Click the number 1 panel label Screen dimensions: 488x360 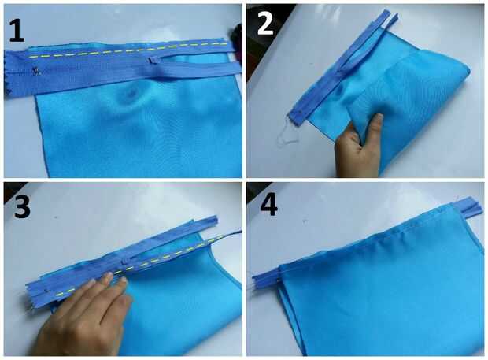click(17, 30)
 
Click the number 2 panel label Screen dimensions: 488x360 click(265, 24)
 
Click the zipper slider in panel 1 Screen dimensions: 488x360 click(155, 60)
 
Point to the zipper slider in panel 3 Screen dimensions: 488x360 click(128, 262)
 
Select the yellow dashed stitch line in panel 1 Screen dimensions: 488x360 click(127, 50)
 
